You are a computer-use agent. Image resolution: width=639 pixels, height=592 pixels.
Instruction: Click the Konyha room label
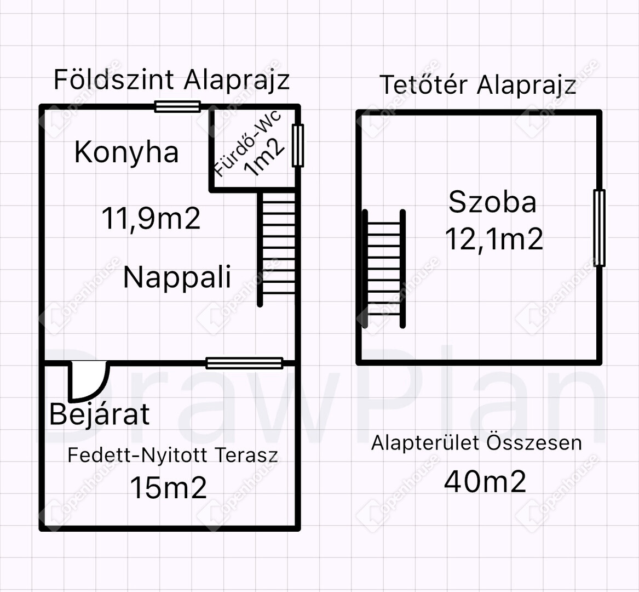pos(126,152)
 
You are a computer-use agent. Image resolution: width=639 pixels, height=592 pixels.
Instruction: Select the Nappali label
pos(177,277)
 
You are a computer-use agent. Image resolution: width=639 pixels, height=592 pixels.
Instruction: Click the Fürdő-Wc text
pos(247,143)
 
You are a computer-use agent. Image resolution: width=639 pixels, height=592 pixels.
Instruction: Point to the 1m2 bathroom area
pos(264,157)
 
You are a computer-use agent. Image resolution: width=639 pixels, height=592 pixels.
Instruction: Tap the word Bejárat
pos(100,414)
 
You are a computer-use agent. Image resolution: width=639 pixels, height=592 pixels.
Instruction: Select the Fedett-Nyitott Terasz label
pos(173,455)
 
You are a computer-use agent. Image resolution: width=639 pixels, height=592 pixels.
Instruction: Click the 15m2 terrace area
pos(168,487)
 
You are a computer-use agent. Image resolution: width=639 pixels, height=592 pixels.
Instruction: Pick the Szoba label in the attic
pos(492,202)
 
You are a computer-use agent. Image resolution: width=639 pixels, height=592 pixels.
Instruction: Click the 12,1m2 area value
pos(494,238)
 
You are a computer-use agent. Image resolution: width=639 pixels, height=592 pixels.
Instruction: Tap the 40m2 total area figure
pos(485,481)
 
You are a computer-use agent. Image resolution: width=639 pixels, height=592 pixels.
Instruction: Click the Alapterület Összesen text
pos(476,443)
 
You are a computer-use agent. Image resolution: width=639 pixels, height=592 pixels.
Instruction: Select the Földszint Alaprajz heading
pos(171,79)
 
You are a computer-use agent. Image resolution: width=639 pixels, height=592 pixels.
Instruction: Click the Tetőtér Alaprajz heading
pos(477,85)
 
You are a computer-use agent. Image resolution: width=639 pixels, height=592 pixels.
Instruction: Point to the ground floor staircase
pos(277,249)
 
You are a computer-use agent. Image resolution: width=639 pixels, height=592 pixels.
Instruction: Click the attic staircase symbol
pos(383,269)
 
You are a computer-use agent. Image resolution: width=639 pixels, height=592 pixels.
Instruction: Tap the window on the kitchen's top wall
pos(177,106)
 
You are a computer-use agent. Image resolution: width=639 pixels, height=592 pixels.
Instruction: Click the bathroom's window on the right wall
pos(298,145)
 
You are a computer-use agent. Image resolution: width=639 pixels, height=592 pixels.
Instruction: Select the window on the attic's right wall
pos(599,227)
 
